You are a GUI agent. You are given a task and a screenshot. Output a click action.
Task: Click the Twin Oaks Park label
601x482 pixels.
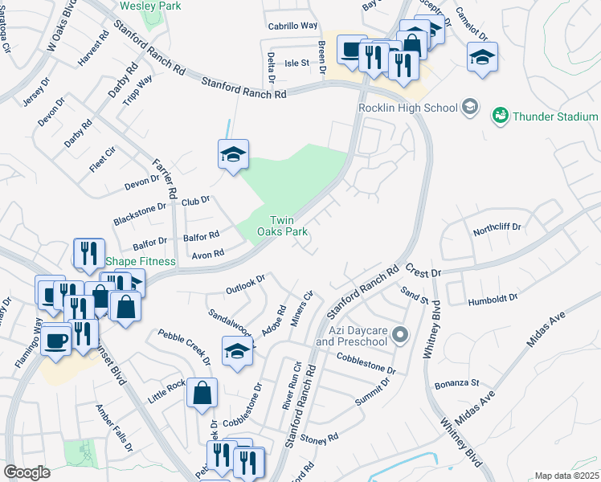tap(288, 226)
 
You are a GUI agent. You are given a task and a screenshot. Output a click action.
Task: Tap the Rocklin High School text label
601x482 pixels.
tap(407, 108)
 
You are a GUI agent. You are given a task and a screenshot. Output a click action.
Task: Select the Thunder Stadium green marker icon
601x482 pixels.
tap(500, 116)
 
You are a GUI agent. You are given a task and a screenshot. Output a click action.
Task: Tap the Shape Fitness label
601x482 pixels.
tap(141, 262)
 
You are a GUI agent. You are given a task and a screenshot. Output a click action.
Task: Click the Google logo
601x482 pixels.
tap(27, 472)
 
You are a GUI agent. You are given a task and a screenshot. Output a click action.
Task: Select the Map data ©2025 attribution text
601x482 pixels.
tap(566, 476)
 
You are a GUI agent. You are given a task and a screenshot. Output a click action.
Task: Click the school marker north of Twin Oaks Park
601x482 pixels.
tap(233, 154)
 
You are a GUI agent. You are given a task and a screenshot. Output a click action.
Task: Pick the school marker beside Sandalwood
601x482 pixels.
tap(237, 351)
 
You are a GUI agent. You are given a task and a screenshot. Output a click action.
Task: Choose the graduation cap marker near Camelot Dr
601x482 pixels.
tap(482, 57)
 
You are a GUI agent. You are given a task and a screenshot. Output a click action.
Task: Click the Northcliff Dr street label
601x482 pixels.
tap(497, 228)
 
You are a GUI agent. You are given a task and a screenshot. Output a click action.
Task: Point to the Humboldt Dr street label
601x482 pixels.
tap(493, 301)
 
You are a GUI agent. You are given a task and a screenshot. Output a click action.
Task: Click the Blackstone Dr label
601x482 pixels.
tap(139, 206)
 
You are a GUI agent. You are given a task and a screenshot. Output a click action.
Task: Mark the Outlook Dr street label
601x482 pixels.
tap(245, 284)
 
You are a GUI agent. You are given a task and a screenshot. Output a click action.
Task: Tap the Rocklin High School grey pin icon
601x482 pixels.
tap(470, 108)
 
